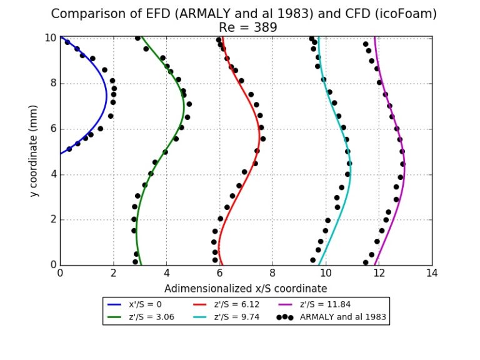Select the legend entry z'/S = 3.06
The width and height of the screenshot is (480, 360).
[x=138, y=317]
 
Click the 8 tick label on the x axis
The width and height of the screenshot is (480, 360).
[x=272, y=272]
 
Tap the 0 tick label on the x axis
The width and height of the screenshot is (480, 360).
[x=60, y=272]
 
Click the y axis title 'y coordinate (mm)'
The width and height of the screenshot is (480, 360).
[x=34, y=151]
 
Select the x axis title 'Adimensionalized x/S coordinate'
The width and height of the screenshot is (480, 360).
[x=246, y=289]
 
